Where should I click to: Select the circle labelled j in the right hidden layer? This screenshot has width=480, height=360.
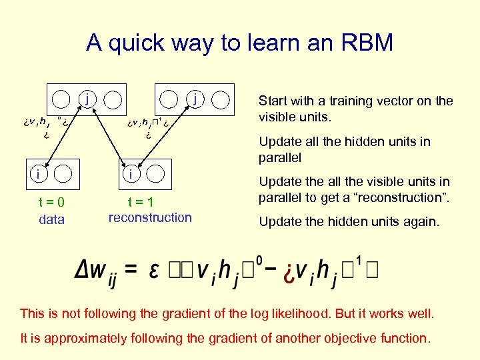click(194, 99)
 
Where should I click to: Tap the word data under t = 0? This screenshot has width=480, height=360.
click(51, 219)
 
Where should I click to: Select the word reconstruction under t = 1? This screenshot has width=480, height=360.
click(149, 217)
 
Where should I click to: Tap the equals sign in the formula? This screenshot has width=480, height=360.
click(131, 268)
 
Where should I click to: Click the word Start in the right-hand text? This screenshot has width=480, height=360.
click(273, 101)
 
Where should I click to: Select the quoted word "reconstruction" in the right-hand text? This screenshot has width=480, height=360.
click(408, 198)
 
